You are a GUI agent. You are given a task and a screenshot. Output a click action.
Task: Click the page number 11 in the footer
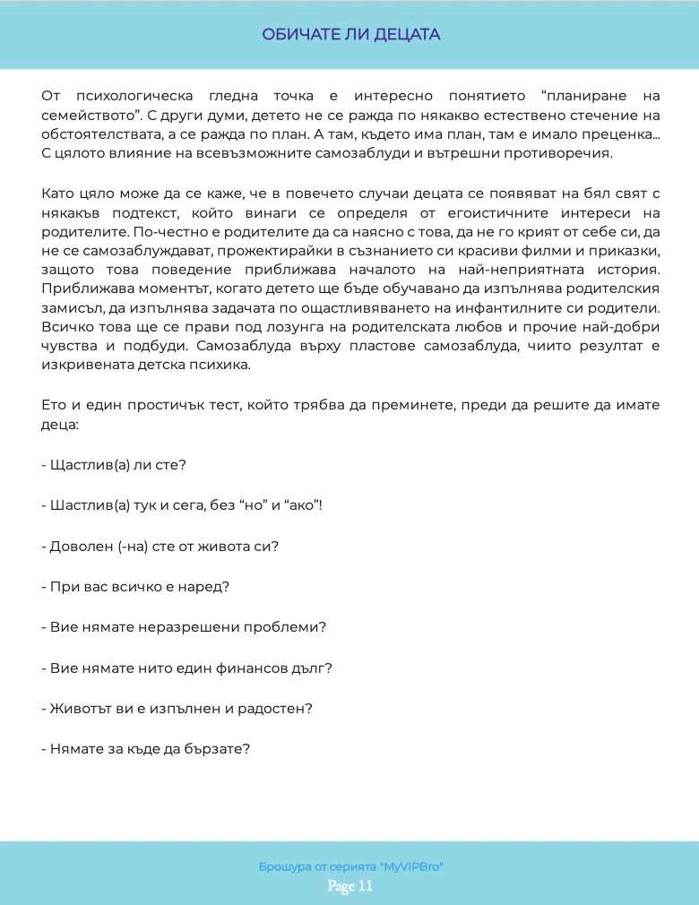[364, 887]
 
